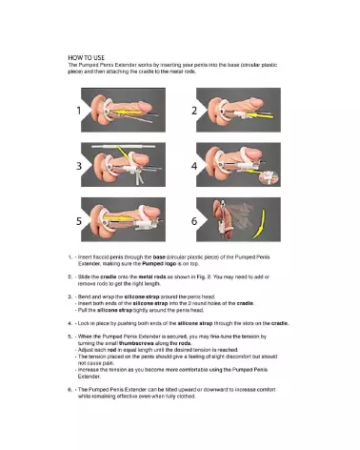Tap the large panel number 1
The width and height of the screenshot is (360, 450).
pos(82,110)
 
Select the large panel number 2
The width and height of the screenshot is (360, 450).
pos(194,110)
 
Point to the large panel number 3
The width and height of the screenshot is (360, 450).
pos(82,164)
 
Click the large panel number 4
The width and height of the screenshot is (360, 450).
pos(194,164)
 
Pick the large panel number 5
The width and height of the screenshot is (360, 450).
pos(82,220)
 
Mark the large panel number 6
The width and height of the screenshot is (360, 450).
pos(194,220)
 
